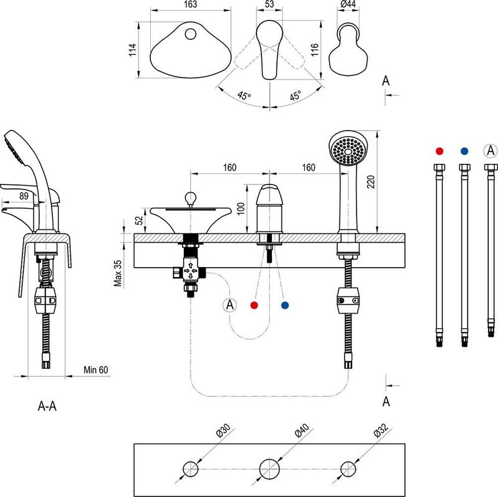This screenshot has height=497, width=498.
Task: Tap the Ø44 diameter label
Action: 348,5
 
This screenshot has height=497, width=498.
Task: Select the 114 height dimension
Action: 132,50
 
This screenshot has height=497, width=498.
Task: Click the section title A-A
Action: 48,407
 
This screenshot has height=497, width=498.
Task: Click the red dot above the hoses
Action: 440,151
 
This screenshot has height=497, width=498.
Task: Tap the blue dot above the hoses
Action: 464,151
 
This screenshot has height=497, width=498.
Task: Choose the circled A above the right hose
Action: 490,150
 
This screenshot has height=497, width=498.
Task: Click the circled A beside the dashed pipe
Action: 230,305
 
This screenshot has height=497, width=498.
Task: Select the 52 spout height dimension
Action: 138,220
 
